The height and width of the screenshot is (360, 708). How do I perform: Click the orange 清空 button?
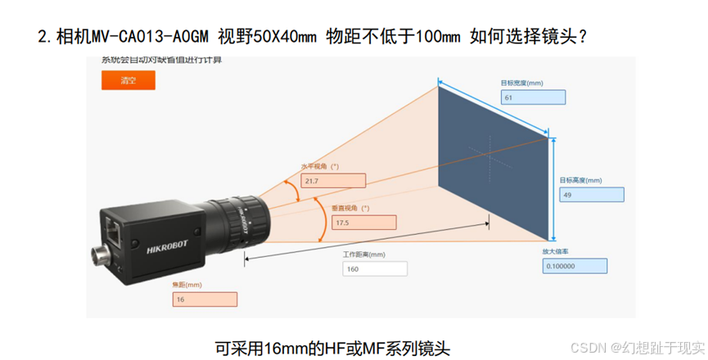point(128,80)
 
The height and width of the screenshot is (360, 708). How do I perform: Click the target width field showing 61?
point(532,97)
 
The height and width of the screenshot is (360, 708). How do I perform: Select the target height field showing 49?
point(591,195)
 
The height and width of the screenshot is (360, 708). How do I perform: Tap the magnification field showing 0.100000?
point(574,266)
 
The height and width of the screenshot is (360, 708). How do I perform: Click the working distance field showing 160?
point(374,268)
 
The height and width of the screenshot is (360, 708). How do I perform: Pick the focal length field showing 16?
point(204,299)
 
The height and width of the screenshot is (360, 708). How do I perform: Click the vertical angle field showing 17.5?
point(363,222)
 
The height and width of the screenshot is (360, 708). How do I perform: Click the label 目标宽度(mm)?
point(521,83)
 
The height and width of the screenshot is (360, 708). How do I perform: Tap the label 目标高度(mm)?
point(580,181)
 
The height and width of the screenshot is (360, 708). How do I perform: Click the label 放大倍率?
point(555,252)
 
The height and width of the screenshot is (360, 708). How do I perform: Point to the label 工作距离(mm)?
point(363,254)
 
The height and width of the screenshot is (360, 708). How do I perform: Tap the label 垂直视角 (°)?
point(352,208)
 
